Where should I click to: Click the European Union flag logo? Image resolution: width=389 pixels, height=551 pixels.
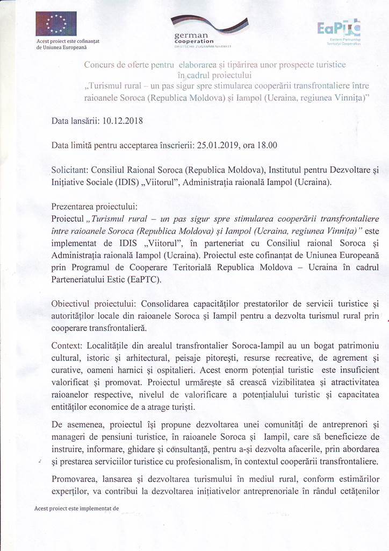coord(55,24)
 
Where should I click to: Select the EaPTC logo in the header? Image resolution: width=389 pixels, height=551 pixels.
coord(339,30)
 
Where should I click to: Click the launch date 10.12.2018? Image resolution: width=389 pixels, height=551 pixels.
coord(122,121)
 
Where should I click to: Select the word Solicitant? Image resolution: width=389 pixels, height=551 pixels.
coord(70,170)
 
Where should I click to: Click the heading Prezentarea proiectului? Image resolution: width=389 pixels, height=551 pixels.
coord(94,207)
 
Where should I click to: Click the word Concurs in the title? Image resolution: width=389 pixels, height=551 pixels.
coord(100,65)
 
